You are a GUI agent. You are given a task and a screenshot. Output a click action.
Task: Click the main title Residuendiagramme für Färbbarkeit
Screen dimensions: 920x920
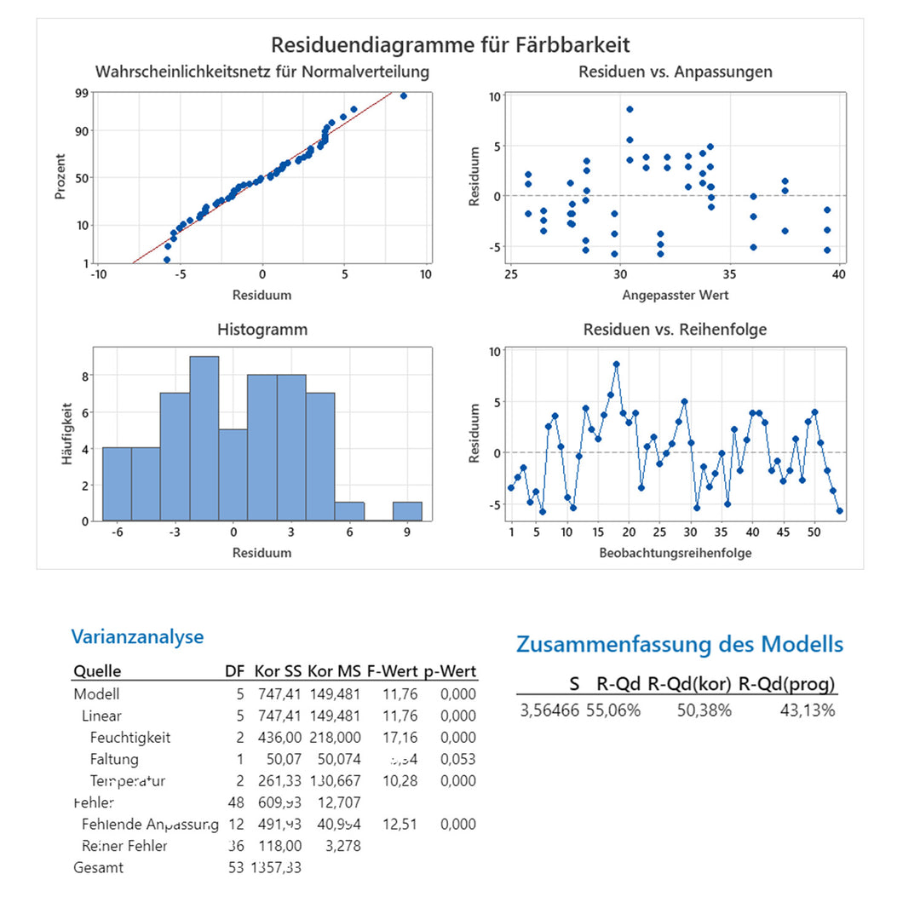[451, 44]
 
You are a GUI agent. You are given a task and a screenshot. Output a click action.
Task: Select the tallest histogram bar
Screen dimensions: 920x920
[204, 438]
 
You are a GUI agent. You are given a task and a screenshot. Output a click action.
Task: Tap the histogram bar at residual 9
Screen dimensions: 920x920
[407, 511]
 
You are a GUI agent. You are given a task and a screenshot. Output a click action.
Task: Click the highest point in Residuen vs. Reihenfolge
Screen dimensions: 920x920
[616, 364]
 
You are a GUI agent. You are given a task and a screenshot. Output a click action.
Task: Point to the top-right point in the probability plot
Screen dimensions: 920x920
[404, 95]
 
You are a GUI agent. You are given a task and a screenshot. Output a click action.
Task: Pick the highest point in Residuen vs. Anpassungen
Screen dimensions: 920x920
[630, 109]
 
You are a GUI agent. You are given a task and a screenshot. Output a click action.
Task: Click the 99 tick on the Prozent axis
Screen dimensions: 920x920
[82, 93]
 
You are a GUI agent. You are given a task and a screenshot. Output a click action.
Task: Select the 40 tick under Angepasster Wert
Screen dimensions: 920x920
[839, 274]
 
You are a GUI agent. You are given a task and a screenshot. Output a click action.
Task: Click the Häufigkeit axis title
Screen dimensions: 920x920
[66, 434]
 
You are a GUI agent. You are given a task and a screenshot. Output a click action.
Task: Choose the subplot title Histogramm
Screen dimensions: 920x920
[262, 329]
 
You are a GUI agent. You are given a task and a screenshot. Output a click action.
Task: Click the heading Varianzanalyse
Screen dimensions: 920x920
[137, 636]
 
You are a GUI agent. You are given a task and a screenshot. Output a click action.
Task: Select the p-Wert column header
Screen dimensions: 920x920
[452, 670]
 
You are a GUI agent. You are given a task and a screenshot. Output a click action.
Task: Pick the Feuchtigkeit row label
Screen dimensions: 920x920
[129, 737]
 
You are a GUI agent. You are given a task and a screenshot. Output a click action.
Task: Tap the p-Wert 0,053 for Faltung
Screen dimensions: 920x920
[457, 759]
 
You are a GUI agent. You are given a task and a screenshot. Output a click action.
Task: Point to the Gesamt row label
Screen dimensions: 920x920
[98, 867]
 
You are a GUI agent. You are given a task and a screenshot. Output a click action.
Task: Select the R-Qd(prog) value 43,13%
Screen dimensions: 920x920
[807, 710]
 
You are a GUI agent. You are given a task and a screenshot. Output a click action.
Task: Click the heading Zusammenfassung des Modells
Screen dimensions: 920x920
[680, 644]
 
